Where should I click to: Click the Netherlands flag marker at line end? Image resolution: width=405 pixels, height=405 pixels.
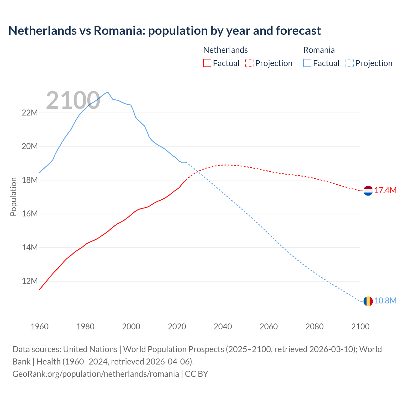(368, 191)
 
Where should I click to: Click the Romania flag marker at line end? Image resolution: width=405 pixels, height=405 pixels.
(368, 301)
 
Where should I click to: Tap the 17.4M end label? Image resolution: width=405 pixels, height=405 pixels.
(385, 190)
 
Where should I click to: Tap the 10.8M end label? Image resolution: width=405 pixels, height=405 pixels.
(385, 301)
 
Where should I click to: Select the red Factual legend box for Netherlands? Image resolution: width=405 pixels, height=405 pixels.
(207, 63)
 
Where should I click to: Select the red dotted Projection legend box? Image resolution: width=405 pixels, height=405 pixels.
(249, 63)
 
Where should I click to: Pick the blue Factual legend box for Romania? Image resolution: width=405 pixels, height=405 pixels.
(307, 63)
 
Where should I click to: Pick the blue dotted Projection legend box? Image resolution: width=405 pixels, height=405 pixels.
(349, 63)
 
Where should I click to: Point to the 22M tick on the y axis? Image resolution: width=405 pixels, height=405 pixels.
(30, 113)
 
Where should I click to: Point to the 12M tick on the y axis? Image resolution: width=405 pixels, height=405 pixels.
(30, 281)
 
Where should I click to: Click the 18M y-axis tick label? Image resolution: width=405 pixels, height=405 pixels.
(30, 180)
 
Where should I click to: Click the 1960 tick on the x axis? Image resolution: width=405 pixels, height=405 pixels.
(40, 327)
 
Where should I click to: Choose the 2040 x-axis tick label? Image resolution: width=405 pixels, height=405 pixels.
(223, 327)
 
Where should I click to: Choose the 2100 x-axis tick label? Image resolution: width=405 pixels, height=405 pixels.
(360, 327)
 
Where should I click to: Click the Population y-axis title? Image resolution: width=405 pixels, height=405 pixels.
(13, 197)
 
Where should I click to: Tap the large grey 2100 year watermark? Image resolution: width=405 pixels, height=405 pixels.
(73, 101)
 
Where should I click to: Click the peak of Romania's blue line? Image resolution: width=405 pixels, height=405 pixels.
(108, 92)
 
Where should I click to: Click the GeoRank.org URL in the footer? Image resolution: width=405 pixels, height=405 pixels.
(96, 374)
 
